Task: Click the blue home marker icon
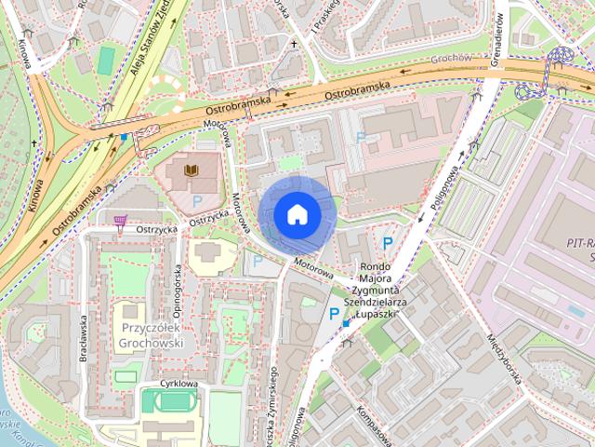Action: coord(297,214)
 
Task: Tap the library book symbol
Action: coord(192,171)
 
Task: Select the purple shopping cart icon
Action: coord(119,221)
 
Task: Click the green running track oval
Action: coord(169,402)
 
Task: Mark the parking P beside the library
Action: coord(197,200)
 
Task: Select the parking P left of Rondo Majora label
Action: coord(333,314)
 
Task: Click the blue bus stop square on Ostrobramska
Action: coord(124,138)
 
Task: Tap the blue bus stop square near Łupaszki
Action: coord(345,323)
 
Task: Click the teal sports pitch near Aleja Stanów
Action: coord(107,60)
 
